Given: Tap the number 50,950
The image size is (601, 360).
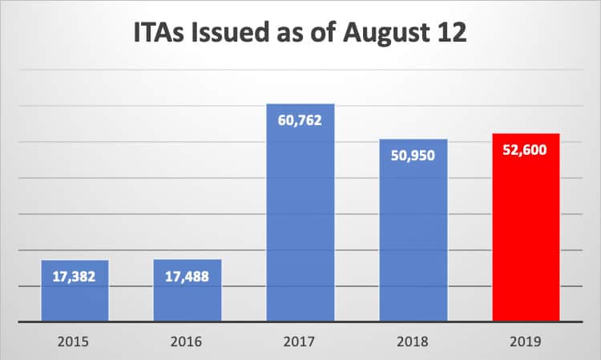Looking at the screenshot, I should tap(413, 155).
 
